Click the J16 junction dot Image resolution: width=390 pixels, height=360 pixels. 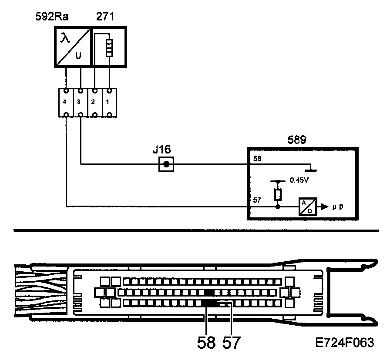(166, 164)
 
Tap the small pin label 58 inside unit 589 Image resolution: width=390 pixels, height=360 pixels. (257, 160)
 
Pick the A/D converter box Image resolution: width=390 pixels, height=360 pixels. (307, 207)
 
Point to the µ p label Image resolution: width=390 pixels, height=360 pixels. (337, 207)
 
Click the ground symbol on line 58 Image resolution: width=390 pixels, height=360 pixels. (310, 167)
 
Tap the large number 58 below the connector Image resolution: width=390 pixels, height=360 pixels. (206, 343)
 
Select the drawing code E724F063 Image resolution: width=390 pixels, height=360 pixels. (345, 342)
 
